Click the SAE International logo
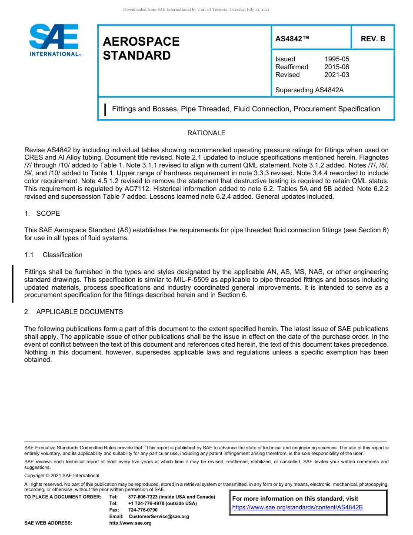[x=54, y=40]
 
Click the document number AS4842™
[x=292, y=39]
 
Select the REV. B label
[x=373, y=39]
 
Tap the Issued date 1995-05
[x=336, y=59]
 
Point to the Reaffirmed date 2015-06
[x=336, y=67]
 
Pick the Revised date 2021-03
[x=336, y=75]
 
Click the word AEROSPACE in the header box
[x=141, y=41]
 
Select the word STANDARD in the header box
[x=137, y=56]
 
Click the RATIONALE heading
[x=206, y=133]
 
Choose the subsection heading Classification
[x=62, y=255]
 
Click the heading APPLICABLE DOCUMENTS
[x=80, y=312]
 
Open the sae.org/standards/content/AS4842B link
[x=297, y=507]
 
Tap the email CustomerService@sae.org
[x=159, y=516]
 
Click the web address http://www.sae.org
[x=130, y=523]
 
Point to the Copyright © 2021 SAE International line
[x=62, y=475]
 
